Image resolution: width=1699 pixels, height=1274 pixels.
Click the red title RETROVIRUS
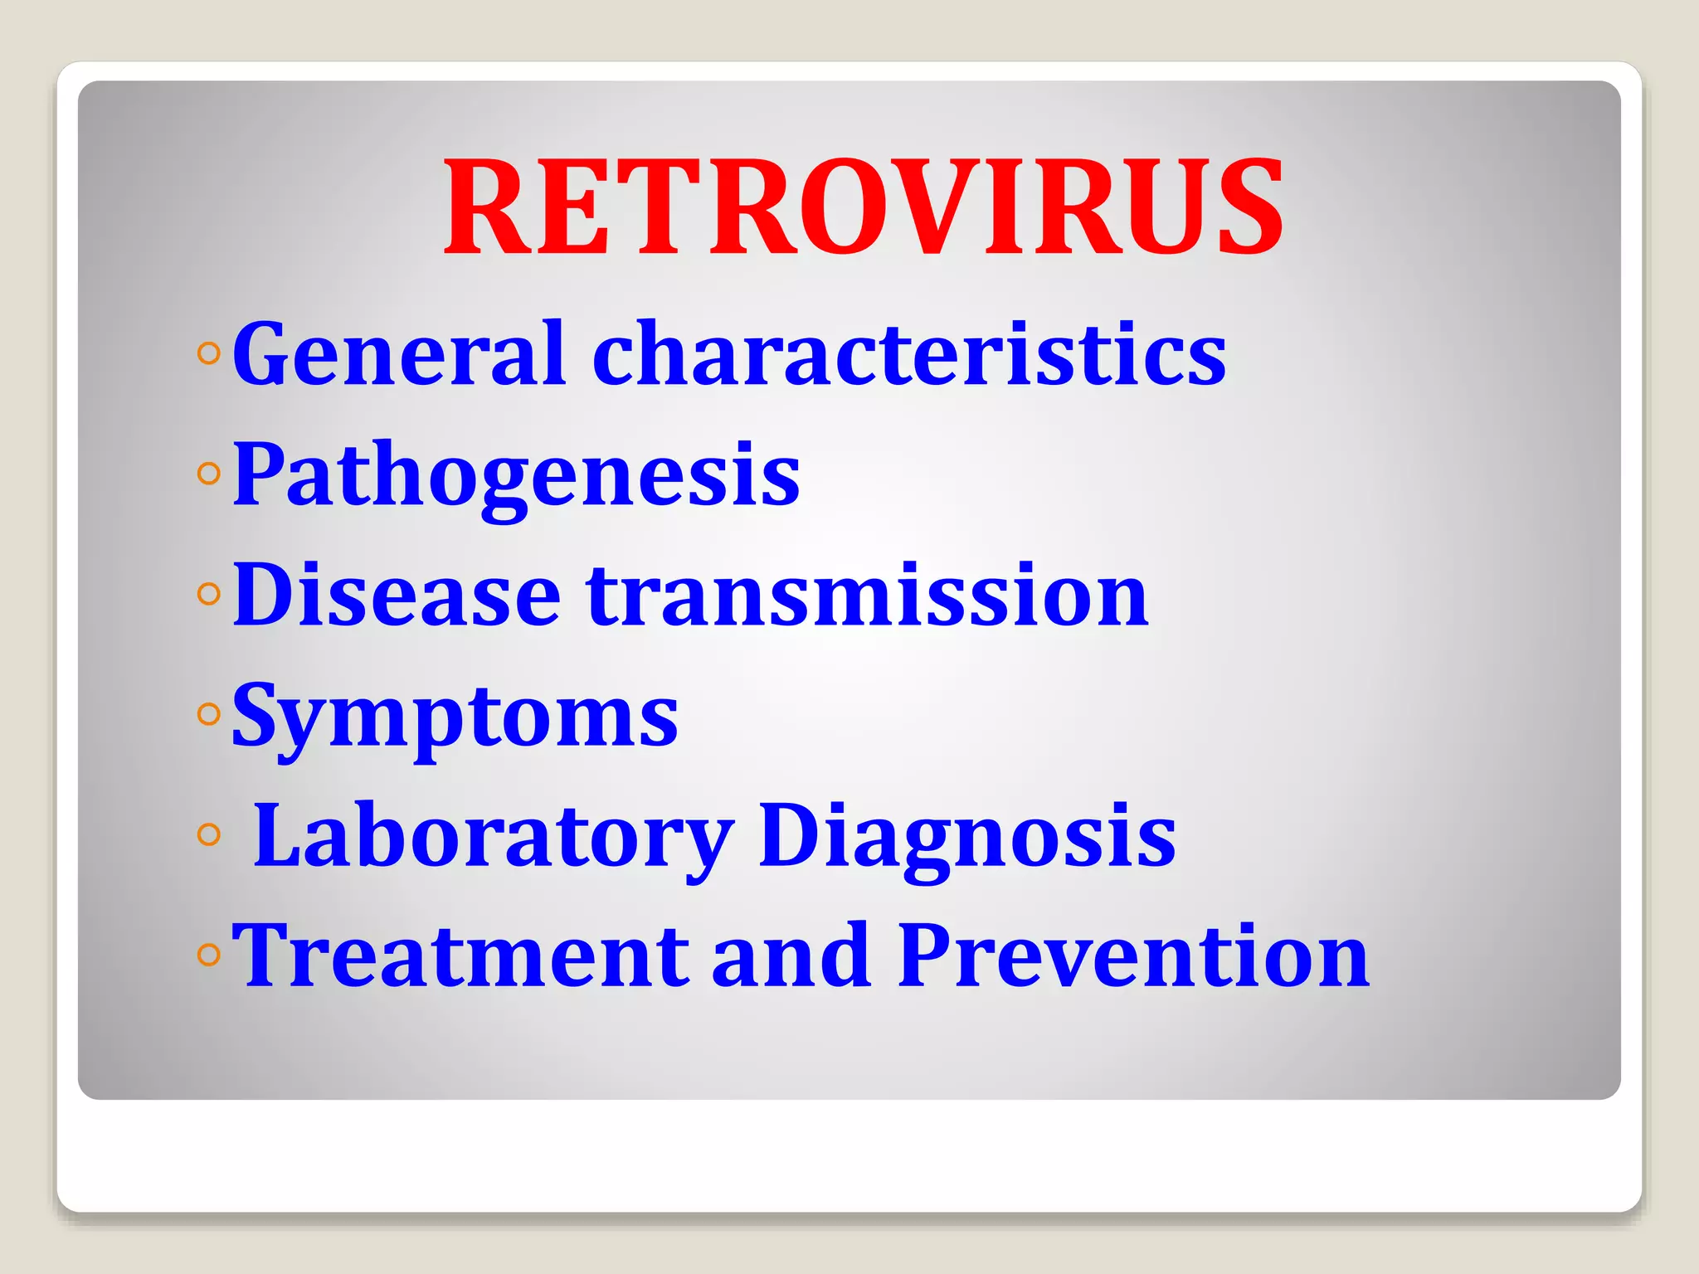[864, 207]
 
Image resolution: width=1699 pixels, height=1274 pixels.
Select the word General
[399, 354]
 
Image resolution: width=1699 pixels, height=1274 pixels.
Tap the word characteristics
[909, 354]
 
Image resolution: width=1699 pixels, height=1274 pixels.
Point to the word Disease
[397, 595]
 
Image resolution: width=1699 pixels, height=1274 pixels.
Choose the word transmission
[867, 595]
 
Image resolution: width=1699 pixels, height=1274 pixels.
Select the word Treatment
[460, 955]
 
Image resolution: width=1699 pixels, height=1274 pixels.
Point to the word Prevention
[1133, 955]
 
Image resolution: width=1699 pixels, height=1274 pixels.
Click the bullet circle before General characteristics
[209, 354]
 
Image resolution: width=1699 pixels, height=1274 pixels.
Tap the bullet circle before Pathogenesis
[209, 474]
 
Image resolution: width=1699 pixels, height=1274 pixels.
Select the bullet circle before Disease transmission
[209, 594]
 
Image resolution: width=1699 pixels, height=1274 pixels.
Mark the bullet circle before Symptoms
[209, 714]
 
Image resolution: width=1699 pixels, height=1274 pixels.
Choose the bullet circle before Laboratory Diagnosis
[209, 834]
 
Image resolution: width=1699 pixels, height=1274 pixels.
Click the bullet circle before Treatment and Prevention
[209, 955]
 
